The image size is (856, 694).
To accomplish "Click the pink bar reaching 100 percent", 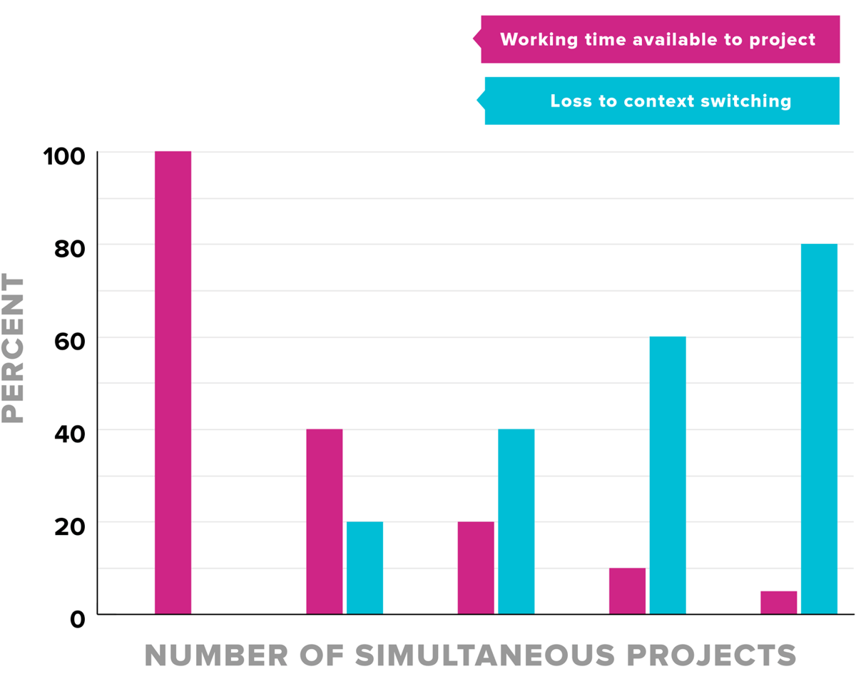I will click(x=173, y=382).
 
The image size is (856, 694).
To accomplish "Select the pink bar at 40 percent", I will click(x=325, y=521).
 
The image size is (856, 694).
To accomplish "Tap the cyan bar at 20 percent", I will click(x=365, y=568).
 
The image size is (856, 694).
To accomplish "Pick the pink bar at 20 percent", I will click(x=476, y=568).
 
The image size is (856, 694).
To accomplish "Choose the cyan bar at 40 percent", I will click(x=516, y=521).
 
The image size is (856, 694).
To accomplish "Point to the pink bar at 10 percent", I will click(x=627, y=591).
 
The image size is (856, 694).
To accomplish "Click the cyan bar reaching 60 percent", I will click(x=668, y=475).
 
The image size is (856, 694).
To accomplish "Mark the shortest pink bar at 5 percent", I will click(x=778, y=602).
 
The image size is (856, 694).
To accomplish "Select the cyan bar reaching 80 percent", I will click(x=819, y=429).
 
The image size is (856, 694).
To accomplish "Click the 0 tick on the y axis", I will click(x=77, y=618).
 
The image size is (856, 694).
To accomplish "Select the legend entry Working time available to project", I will click(x=658, y=39).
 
